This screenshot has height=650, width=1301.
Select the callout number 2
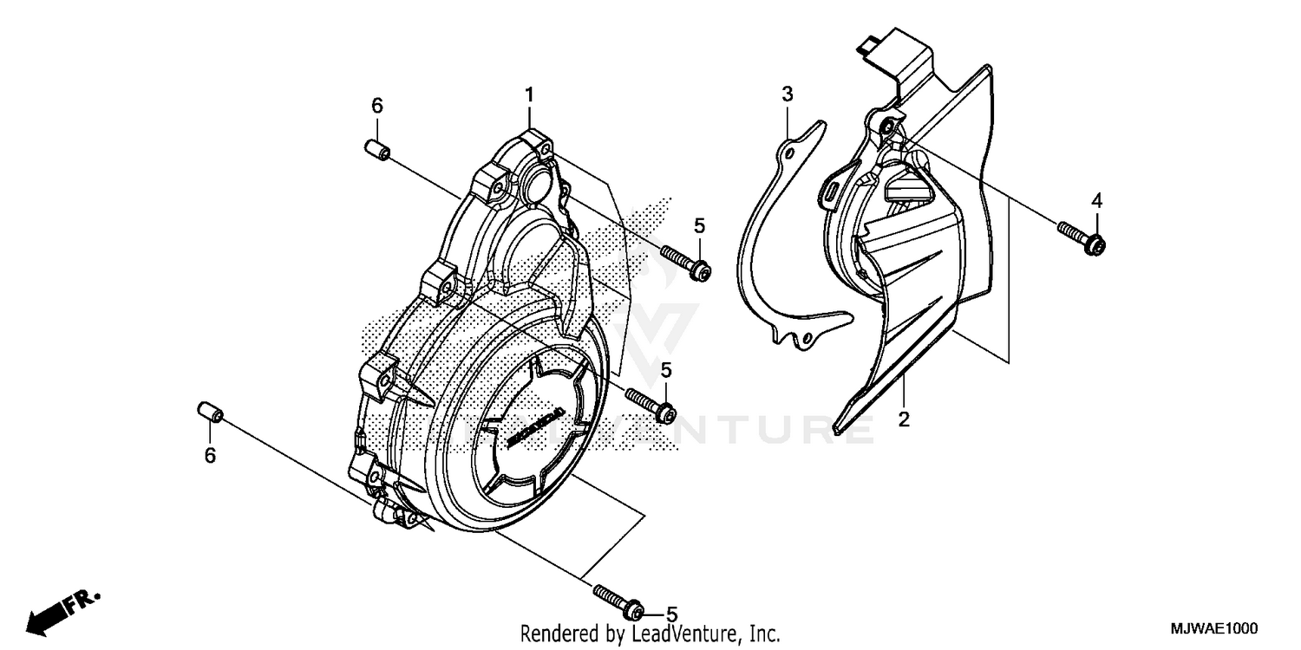click(x=903, y=420)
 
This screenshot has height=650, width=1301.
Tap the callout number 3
click(x=787, y=94)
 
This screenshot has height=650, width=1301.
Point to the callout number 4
click(x=1096, y=201)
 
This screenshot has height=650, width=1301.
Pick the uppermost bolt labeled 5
click(x=686, y=263)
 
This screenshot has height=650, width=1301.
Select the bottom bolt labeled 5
click(x=618, y=599)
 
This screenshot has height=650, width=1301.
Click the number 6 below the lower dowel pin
click(x=209, y=456)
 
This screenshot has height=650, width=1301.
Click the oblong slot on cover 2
click(x=831, y=189)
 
